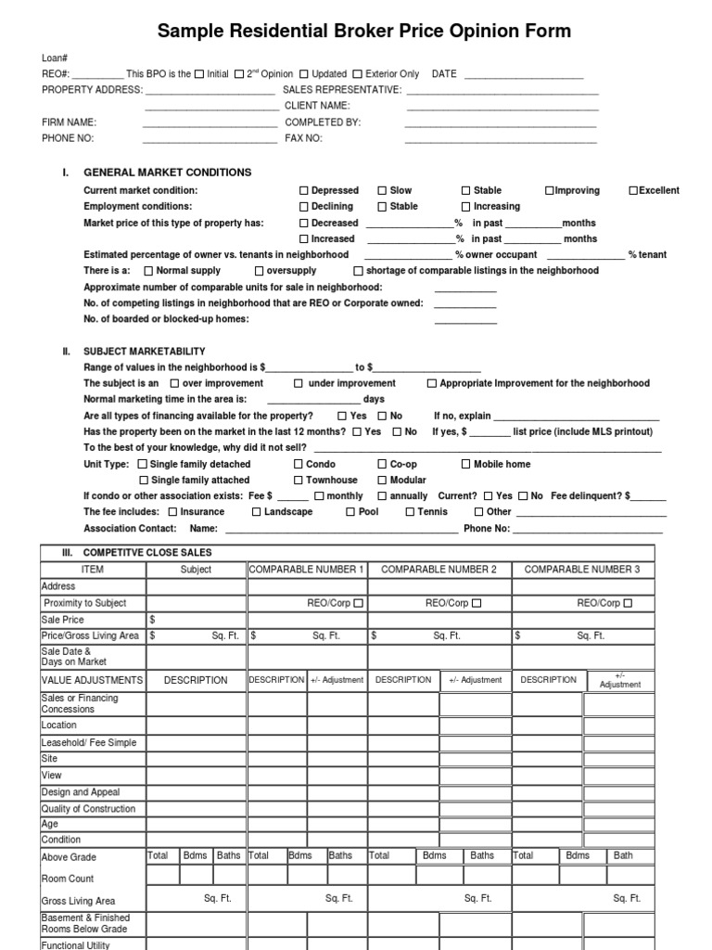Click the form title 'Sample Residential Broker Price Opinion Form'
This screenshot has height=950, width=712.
point(363,32)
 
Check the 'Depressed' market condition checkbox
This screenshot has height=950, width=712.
point(303,190)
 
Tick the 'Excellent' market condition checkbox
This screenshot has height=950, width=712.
point(633,190)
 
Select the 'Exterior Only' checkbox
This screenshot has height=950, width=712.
point(358,74)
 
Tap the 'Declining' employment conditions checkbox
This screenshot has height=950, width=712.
point(303,207)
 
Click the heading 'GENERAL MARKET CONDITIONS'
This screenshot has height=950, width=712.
point(167,173)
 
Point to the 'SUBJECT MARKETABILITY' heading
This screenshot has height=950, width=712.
point(145,352)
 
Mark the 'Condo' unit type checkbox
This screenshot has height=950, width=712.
point(299,464)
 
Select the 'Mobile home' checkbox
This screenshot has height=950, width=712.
point(465,464)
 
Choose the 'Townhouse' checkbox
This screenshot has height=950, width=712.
point(299,481)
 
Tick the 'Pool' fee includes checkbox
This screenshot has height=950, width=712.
point(350,512)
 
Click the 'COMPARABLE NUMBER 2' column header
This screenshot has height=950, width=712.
point(439,570)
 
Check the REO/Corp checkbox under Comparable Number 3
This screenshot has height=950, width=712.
point(628,603)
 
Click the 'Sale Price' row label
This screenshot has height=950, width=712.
point(63,620)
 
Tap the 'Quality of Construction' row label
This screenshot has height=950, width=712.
point(88,809)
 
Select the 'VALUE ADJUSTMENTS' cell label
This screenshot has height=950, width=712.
point(92,680)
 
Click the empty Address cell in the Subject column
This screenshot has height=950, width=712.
point(196,586)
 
